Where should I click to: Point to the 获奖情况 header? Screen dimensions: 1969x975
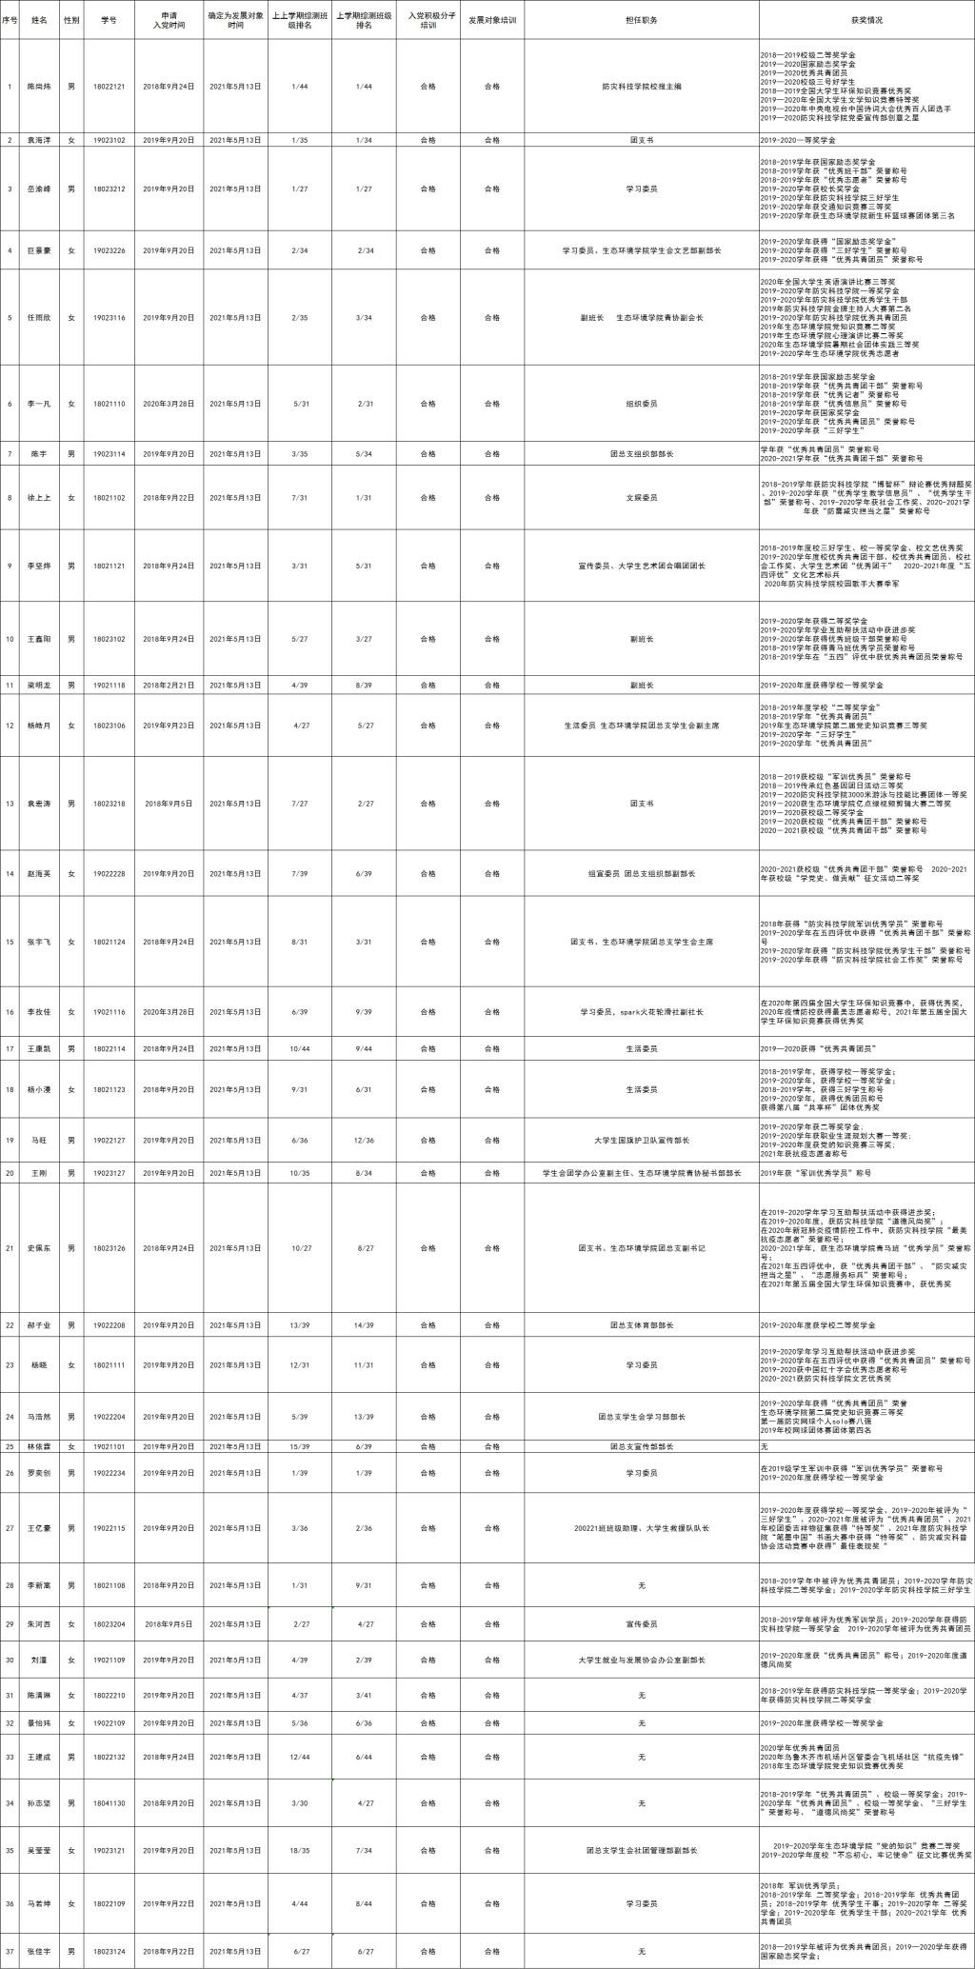866,19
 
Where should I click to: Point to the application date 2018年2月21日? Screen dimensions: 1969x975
169,685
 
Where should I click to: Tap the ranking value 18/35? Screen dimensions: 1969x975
301,1851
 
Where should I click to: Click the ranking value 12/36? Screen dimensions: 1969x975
365,1141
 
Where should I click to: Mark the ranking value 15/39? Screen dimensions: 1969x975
301,1446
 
